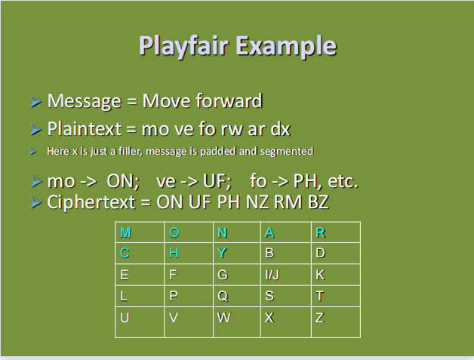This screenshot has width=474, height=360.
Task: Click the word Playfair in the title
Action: tap(183, 45)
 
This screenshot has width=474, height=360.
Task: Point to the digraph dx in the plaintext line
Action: tap(280, 128)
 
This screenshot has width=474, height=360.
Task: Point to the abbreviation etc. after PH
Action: tap(339, 182)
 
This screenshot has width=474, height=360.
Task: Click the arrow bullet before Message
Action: tap(35, 102)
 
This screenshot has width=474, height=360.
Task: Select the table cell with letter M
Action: tap(140, 232)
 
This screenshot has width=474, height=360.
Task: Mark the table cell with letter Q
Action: tap(236, 296)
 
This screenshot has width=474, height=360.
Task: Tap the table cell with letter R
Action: tap(335, 232)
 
